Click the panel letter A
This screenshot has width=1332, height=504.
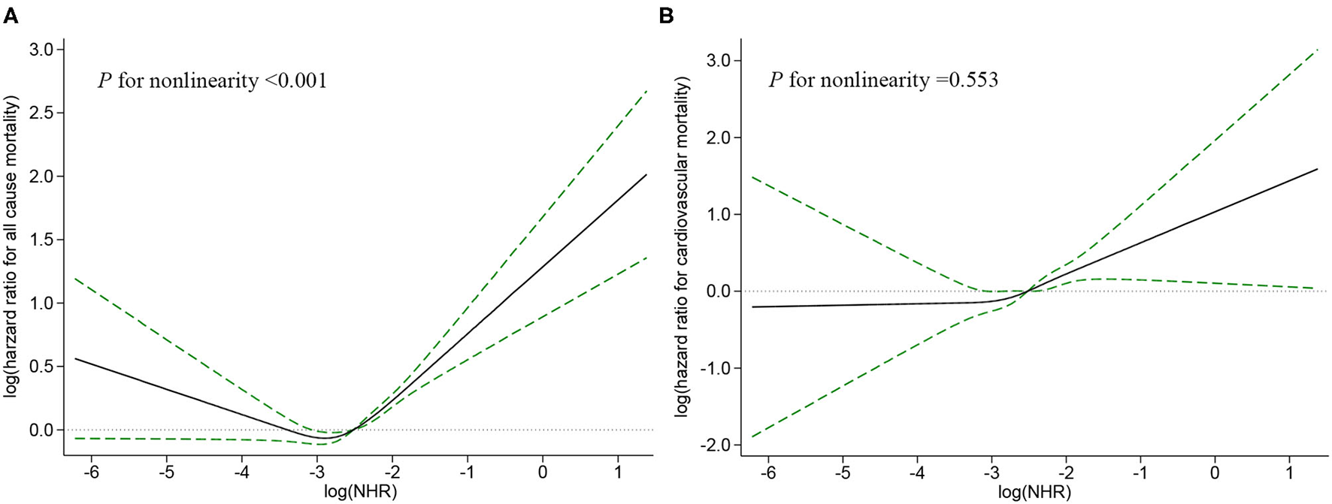[11, 16]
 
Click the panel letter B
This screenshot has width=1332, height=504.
[666, 16]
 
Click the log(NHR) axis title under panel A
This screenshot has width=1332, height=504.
[358, 493]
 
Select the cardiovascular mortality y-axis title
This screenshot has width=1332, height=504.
[682, 248]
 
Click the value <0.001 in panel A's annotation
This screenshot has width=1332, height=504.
[295, 81]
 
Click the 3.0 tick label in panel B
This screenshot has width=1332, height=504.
[717, 61]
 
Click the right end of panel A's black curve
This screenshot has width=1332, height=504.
[646, 174]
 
